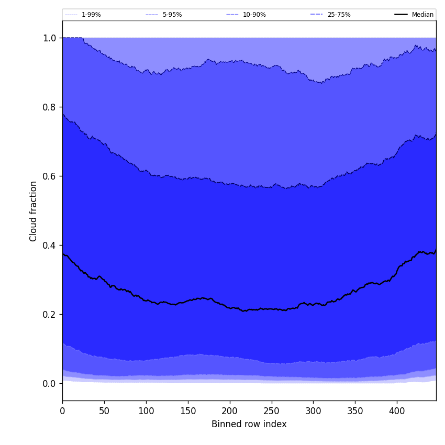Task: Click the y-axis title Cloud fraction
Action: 34,211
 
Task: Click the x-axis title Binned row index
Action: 249,424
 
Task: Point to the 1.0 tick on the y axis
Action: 50,38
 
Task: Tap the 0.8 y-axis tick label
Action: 50,107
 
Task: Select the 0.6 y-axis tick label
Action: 50,176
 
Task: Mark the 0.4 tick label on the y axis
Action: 50,246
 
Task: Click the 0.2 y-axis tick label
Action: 50,315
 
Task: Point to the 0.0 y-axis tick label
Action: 50,384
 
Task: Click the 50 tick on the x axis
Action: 104,411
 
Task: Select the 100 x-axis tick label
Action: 146,411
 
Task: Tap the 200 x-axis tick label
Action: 230,411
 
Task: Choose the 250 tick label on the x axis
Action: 271,411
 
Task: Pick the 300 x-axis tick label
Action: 313,411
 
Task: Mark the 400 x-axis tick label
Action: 397,411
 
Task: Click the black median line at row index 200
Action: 230,308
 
